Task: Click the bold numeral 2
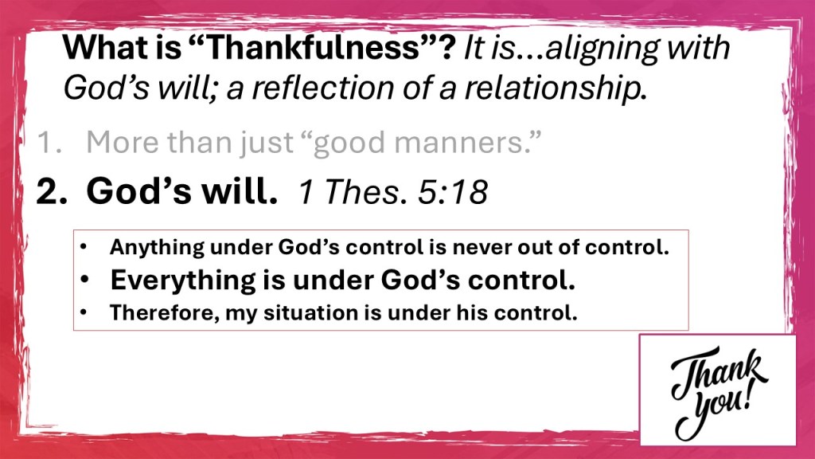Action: (52, 191)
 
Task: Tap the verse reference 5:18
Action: (453, 192)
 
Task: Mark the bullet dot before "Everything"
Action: (84, 280)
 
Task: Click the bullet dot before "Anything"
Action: (84, 247)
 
